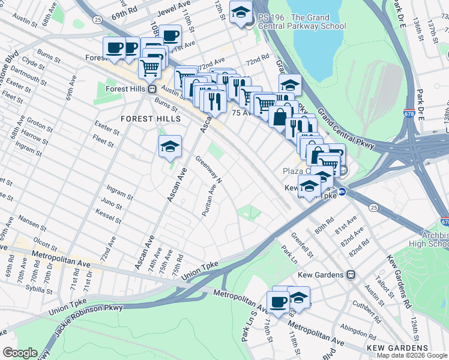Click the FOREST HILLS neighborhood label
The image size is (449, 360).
(x=150, y=119)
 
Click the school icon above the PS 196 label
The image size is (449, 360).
(x=241, y=13)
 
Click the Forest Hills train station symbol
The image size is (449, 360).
(x=152, y=89)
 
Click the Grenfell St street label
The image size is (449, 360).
(x=303, y=244)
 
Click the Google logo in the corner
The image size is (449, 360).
(x=20, y=353)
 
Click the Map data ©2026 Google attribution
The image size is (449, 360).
(x=412, y=355)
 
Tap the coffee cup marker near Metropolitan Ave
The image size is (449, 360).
(x=278, y=302)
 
